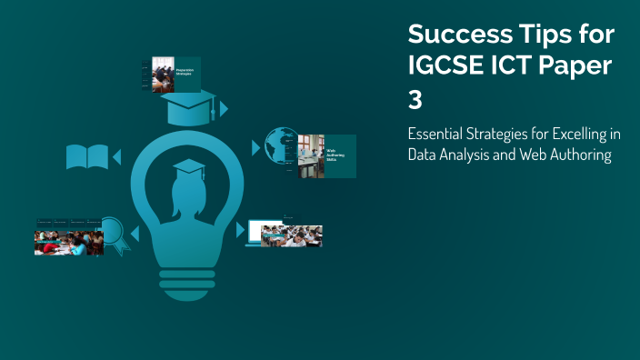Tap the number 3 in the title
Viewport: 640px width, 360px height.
415,98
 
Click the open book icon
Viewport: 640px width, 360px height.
87,157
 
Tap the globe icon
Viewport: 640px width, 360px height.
280,145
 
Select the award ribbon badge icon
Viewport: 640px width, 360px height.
113,233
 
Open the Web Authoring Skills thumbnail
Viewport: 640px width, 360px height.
326,156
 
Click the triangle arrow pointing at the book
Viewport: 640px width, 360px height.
115,157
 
